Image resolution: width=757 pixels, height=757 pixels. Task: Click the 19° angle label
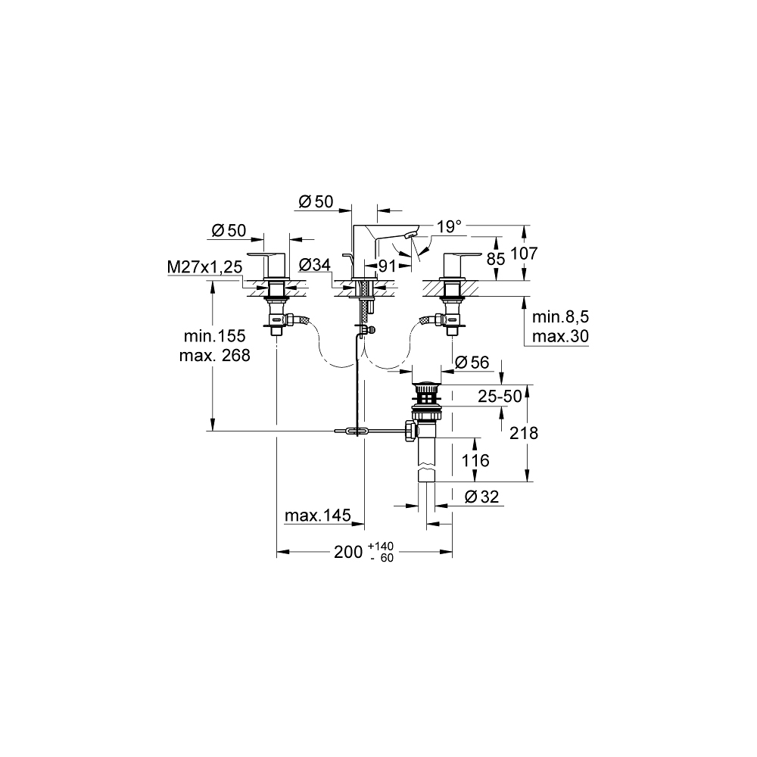point(449,226)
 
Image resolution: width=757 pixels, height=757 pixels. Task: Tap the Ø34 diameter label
point(314,265)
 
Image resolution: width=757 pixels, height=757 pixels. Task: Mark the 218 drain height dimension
point(524,433)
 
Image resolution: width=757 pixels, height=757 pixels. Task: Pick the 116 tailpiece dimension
point(475,459)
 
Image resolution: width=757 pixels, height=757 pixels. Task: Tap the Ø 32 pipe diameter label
point(478,497)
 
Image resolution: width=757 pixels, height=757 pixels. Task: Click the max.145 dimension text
point(317,516)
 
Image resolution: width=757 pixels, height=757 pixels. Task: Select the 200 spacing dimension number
point(349,552)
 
